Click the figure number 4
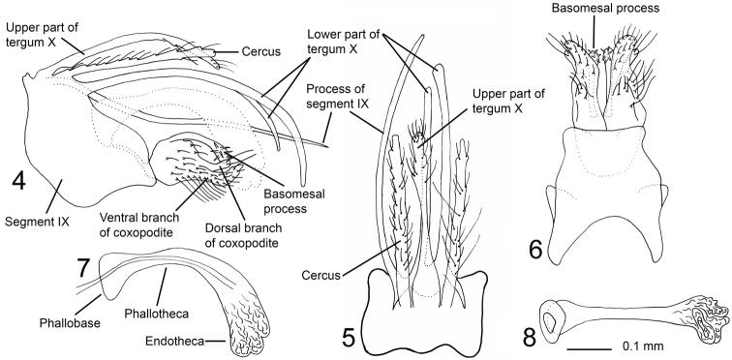18,180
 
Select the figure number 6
535,250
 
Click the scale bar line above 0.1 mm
589,348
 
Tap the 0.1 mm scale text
642,346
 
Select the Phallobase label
70,322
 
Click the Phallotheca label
157,314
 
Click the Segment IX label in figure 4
37,222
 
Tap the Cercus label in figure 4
261,51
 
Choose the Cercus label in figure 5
320,276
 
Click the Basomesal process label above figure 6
605,8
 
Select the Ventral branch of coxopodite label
139,225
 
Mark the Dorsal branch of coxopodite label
243,235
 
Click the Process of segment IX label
336,96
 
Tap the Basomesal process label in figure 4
286,201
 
